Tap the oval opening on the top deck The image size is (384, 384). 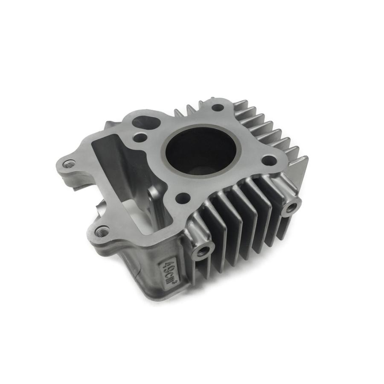pos(146,122)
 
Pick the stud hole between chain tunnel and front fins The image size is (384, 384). pos(183,197)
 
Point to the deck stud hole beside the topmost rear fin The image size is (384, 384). pos(218,108)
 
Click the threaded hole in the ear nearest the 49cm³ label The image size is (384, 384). pos(102,232)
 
